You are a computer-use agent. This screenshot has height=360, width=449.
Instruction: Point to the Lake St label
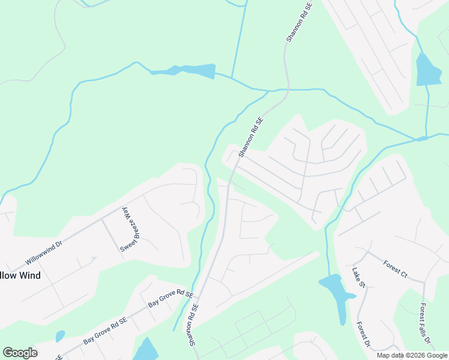click(x=359, y=277)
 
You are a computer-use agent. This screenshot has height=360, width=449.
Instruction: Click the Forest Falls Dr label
click(x=426, y=323)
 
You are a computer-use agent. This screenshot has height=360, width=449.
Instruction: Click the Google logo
click(x=20, y=353)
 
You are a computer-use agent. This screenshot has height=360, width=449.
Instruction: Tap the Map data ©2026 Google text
click(x=412, y=355)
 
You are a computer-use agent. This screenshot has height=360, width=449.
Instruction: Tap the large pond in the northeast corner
click(x=427, y=70)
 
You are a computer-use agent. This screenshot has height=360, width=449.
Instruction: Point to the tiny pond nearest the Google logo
click(x=60, y=336)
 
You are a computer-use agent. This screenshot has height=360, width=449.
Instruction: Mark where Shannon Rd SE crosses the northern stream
click(x=285, y=91)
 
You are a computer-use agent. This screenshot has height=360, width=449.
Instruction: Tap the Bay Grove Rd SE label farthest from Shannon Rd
click(x=105, y=331)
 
